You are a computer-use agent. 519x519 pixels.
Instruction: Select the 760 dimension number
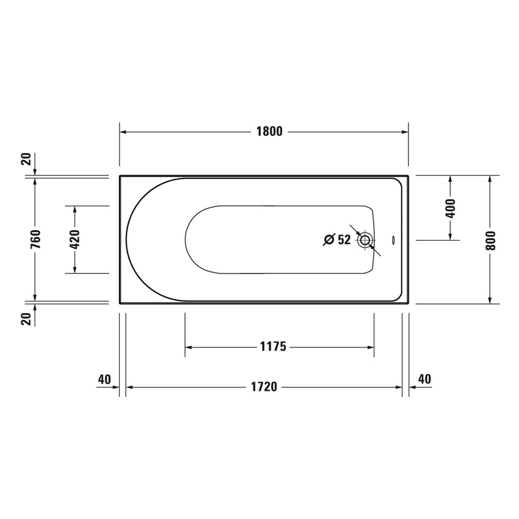(35, 239)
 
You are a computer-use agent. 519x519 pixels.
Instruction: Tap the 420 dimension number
(75, 239)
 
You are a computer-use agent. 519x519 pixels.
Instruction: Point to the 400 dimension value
(451, 208)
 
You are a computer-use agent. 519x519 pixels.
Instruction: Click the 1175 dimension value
(272, 347)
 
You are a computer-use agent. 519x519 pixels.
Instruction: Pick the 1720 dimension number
(264, 387)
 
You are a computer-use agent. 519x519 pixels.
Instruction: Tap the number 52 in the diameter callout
(344, 240)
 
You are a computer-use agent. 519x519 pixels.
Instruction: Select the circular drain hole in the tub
(365, 240)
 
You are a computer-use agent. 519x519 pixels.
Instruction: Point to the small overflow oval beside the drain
(393, 240)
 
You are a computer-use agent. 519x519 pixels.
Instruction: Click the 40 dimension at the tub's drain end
(424, 379)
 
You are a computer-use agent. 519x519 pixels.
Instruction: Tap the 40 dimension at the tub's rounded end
(104, 379)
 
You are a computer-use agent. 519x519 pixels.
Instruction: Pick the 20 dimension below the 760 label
(26, 319)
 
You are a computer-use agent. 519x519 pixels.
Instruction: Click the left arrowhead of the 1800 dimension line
(123, 132)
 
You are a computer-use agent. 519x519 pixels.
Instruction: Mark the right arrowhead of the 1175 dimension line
(371, 347)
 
